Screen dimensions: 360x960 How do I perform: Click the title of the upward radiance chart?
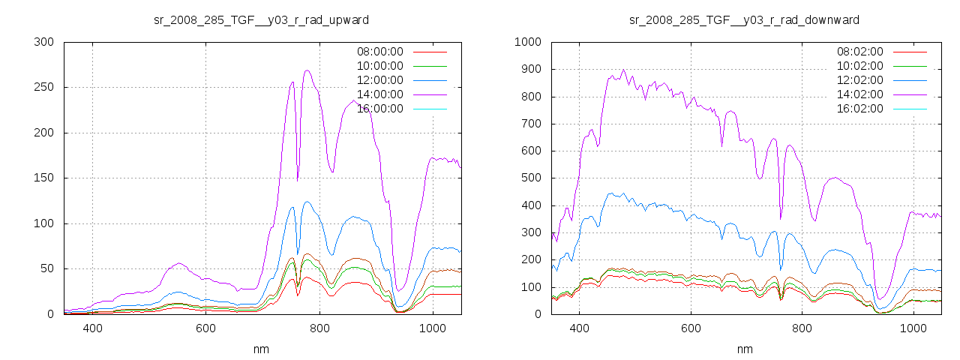coord(261,19)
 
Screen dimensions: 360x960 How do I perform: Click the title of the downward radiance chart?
coord(744,19)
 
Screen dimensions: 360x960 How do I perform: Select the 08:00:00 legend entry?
coord(379,52)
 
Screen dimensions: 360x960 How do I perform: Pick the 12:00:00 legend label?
coord(379,80)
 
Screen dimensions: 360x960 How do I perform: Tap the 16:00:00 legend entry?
coord(379,109)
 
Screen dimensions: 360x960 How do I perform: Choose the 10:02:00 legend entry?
coord(859,66)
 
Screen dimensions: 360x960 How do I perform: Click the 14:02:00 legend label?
coord(859,94)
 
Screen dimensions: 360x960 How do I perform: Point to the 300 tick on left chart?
coord(43,42)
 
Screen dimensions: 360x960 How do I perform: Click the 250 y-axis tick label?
coord(43,88)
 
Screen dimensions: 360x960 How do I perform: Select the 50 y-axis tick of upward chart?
coord(46,269)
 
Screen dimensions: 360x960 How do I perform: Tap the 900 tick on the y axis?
coord(529,69)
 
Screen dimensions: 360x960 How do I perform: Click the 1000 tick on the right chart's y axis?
coord(526,42)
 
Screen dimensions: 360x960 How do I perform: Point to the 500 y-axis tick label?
coord(529,178)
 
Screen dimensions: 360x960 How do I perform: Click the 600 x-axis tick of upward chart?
coord(205,328)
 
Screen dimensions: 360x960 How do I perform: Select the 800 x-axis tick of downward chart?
coord(802,328)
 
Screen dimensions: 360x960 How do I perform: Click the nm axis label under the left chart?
coord(261,349)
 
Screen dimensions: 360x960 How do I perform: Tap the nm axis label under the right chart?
coord(744,349)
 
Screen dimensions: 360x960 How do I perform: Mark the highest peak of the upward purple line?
coord(307,70)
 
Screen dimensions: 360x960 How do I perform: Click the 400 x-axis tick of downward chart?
coord(579,328)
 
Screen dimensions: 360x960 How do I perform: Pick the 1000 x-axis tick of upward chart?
coord(433,328)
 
